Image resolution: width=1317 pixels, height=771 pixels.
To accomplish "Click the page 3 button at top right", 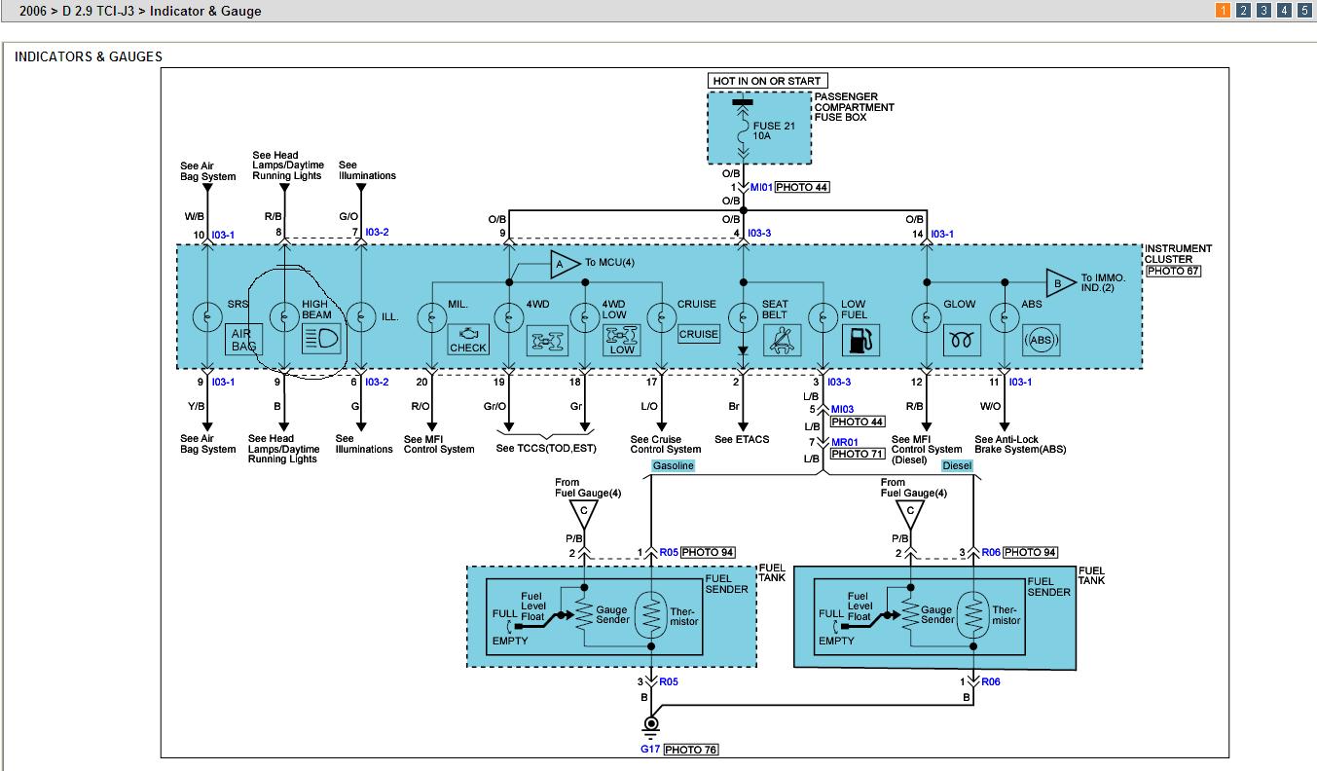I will [x=1263, y=11].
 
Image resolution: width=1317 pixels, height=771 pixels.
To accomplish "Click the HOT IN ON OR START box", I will [x=769, y=81].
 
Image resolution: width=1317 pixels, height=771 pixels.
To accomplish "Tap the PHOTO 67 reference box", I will [x=1173, y=272].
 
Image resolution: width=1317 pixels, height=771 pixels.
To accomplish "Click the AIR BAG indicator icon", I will [x=240, y=340].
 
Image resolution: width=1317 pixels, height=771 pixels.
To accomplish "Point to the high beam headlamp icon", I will [x=320, y=340].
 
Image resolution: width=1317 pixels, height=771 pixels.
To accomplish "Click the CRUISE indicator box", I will [x=699, y=334].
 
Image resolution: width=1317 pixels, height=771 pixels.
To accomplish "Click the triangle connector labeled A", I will [x=560, y=264].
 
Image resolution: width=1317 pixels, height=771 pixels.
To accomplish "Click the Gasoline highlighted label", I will [x=673, y=466].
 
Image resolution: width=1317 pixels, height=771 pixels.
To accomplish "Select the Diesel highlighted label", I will [x=956, y=466].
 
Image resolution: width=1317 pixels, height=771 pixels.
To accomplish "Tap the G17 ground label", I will [x=650, y=750].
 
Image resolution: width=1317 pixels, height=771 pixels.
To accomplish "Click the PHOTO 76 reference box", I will [x=691, y=750].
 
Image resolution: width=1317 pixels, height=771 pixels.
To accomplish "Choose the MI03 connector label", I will [x=842, y=410].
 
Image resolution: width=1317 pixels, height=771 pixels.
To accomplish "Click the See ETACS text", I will [x=742, y=440].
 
